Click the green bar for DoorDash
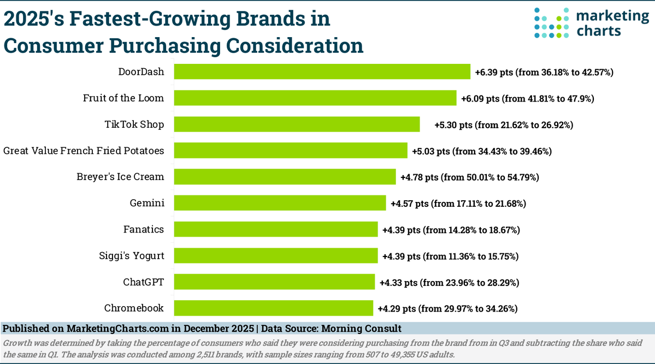(322, 71)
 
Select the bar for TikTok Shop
(297, 124)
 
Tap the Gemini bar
(280, 204)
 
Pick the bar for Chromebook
(273, 308)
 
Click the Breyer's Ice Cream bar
(285, 177)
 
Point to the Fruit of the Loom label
(123, 98)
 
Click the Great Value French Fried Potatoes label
(84, 151)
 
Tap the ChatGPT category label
(143, 282)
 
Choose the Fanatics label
(144, 229)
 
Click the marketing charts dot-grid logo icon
(551, 23)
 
